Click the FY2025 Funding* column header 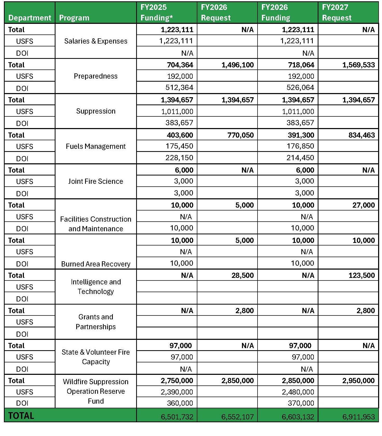point(157,12)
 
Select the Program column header point(74,18)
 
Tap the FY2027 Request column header point(337,12)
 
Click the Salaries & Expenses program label point(96,41)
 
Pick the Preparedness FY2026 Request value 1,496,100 point(238,65)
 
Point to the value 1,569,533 point(358,65)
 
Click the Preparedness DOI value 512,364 point(179,88)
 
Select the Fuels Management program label point(96,146)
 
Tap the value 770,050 point(240,135)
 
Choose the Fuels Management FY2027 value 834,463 point(362,135)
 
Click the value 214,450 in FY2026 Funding point(300,158)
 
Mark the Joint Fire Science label point(96,181)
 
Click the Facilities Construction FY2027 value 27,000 point(363,205)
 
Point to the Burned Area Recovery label point(96,264)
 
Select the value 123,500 point(362,275)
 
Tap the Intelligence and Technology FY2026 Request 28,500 point(242,275)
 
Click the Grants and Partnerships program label point(96,322)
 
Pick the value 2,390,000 point(177,392)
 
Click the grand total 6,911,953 point(358,417)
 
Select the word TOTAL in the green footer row point(21,416)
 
